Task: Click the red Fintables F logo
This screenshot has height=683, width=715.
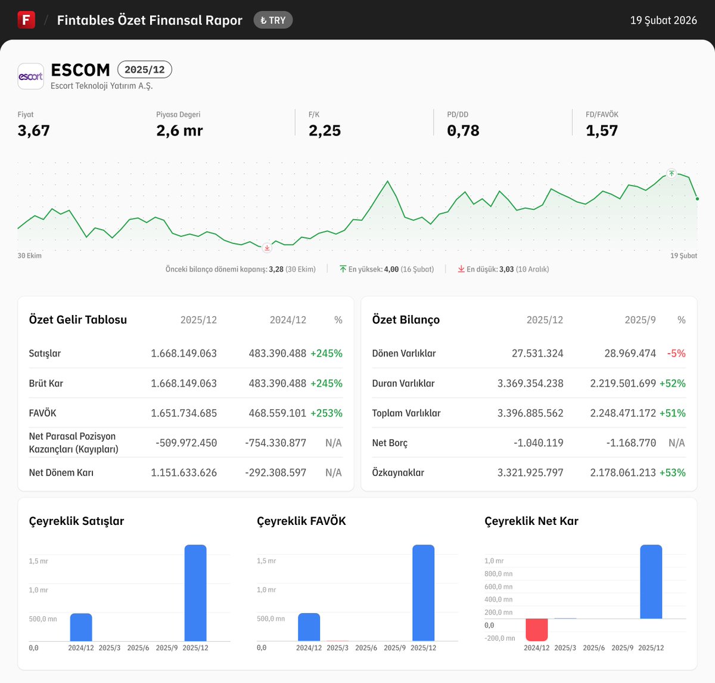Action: tap(26, 20)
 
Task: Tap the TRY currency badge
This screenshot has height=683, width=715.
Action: tap(273, 20)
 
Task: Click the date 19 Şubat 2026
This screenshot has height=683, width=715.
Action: tap(663, 20)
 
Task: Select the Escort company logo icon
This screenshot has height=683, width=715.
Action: tap(30, 76)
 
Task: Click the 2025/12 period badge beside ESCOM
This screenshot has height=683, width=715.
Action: tap(145, 70)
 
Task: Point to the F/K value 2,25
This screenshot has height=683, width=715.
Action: tap(325, 131)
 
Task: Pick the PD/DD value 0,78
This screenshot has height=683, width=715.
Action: tap(463, 131)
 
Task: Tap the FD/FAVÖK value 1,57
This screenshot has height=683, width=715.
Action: tap(602, 131)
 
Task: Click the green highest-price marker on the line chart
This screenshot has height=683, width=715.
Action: tap(672, 174)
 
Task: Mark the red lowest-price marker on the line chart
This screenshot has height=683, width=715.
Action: tap(267, 248)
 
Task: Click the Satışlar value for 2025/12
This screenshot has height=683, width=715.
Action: tap(184, 353)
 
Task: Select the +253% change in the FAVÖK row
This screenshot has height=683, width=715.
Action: tap(327, 413)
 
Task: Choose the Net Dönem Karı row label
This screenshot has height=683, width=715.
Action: tap(61, 472)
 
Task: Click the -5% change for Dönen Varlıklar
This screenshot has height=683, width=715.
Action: tap(676, 353)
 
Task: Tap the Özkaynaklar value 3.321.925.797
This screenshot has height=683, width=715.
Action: tap(530, 472)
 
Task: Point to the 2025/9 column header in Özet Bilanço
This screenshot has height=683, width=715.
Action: tap(640, 320)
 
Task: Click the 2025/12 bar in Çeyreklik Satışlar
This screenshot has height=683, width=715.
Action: tap(195, 593)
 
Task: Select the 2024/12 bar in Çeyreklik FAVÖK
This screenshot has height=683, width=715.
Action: tap(309, 627)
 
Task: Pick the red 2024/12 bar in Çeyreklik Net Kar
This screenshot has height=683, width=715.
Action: tap(536, 630)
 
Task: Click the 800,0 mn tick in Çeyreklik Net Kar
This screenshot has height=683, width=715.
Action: tap(499, 574)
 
